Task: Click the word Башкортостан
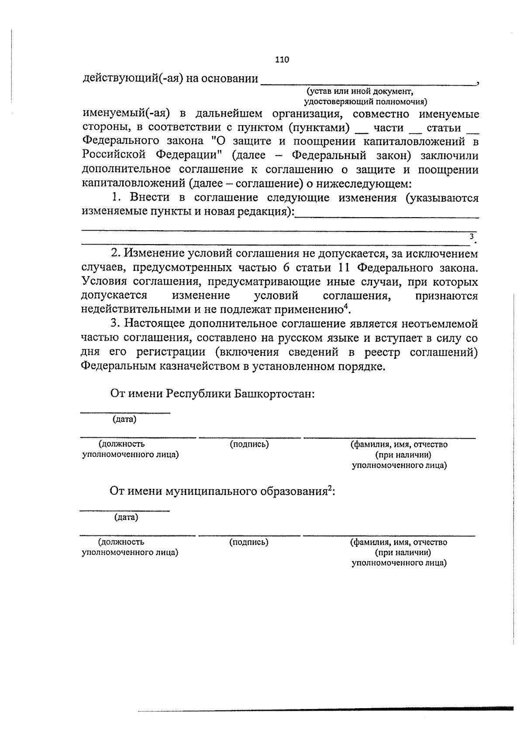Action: point(274,394)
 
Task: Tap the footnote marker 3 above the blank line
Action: point(471,236)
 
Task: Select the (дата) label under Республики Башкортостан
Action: point(124,419)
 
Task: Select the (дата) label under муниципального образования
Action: point(126,518)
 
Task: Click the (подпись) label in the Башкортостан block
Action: point(249,444)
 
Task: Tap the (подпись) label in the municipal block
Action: point(248,542)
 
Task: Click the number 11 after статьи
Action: point(345,267)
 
